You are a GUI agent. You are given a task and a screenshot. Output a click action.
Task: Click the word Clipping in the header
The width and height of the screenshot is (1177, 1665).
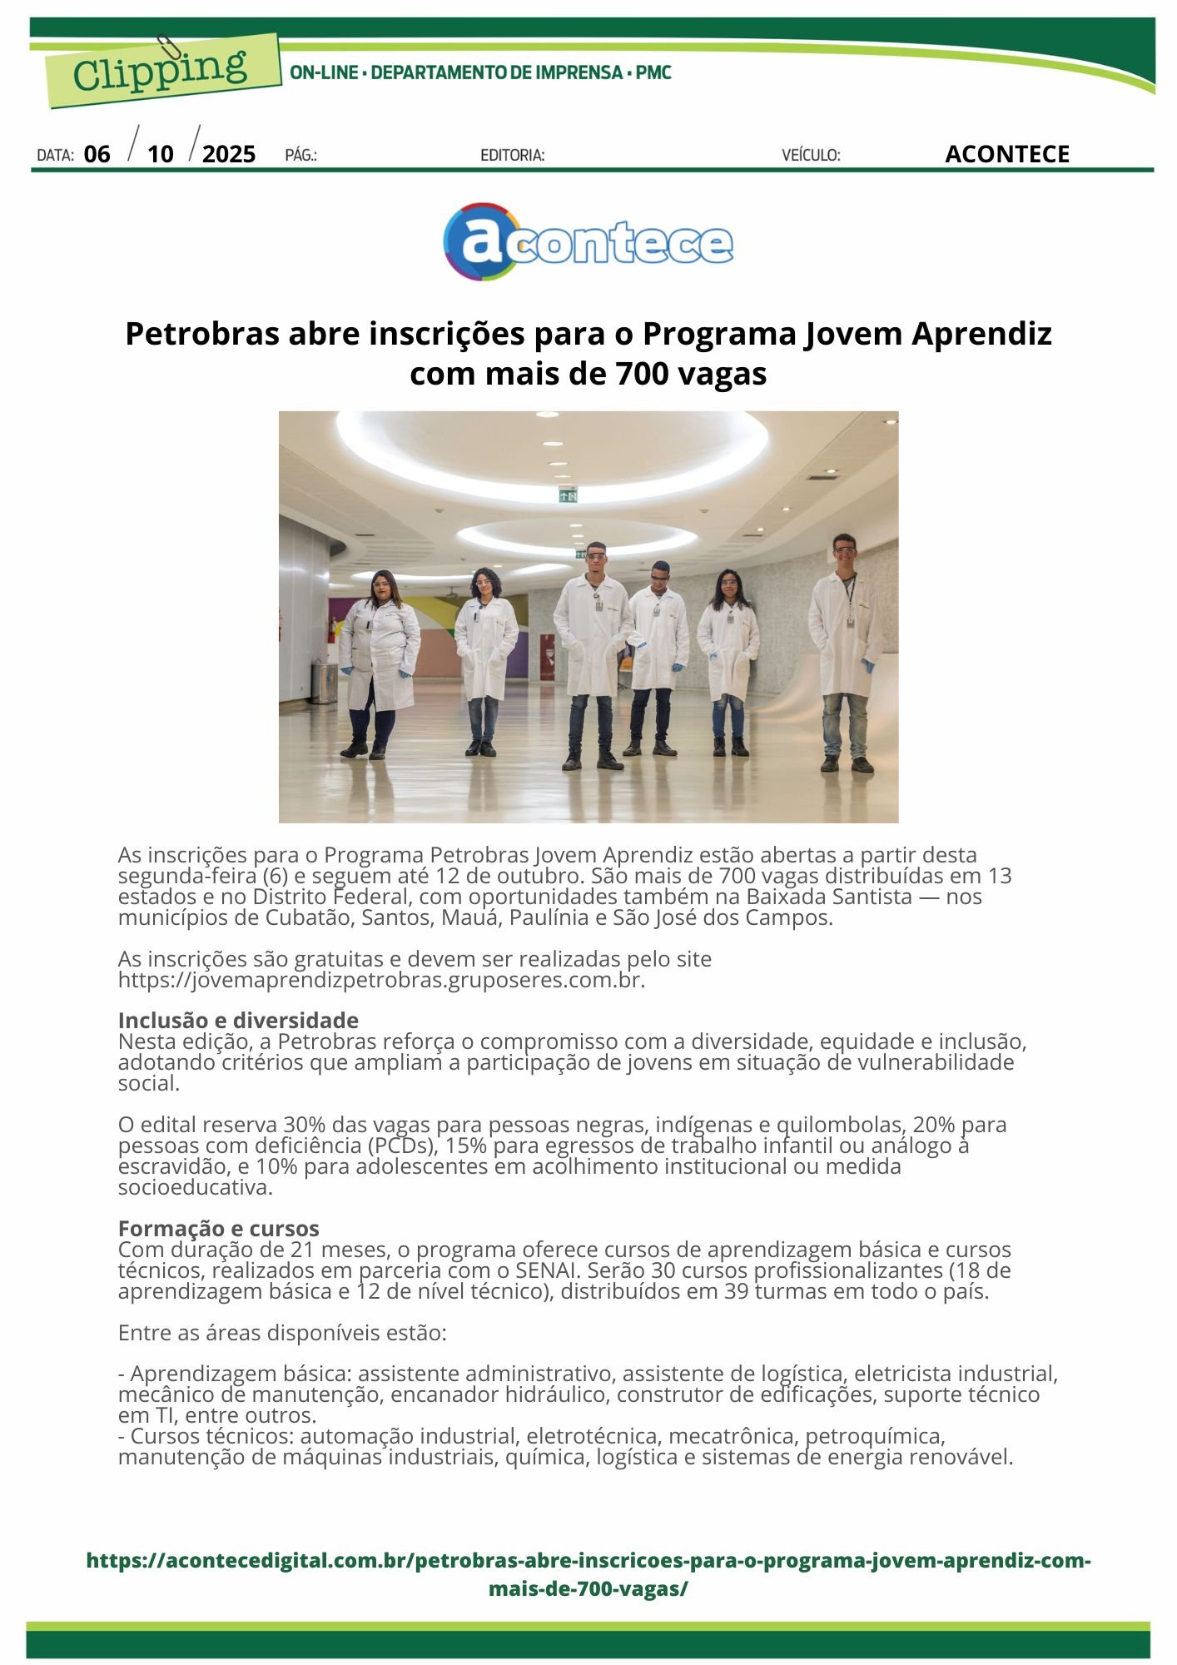coord(159,70)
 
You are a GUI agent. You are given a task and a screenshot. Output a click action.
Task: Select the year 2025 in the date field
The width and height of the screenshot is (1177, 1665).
coord(229,154)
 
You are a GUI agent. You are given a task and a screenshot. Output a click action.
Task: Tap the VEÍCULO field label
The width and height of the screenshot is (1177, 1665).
coord(811,155)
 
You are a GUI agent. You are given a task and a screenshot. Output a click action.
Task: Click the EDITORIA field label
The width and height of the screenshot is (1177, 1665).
coord(513,155)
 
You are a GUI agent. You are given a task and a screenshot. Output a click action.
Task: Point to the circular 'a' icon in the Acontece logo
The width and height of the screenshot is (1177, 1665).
coord(483,241)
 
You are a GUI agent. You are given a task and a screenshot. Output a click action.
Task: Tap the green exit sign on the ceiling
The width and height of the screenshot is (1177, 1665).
coord(568,496)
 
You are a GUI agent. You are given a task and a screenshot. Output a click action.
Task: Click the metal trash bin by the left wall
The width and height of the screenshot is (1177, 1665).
coord(322,682)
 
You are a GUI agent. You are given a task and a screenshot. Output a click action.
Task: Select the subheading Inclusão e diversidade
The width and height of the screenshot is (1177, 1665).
coord(238,1020)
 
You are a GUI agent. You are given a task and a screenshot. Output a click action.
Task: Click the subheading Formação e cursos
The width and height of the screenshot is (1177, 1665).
coord(218,1228)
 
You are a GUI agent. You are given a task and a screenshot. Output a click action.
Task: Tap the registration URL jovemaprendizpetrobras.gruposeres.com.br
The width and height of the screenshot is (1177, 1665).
coord(381,980)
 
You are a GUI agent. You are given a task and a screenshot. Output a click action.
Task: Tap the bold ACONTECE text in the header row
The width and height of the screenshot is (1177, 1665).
coord(1006,154)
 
